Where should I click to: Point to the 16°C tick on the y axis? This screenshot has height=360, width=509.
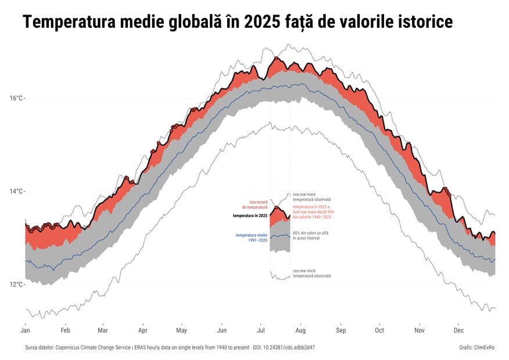[x=17, y=98]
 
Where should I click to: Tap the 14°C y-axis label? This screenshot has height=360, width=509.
[x=17, y=191]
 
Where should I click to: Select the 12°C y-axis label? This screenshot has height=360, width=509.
[x=17, y=285]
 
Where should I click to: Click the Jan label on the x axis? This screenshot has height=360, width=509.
[x=25, y=330]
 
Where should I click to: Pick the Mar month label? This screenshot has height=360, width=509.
[x=103, y=330]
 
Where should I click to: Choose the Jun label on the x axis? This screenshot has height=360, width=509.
[x=221, y=330]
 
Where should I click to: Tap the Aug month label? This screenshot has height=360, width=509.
[x=300, y=330]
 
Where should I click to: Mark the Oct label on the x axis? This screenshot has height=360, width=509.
[x=379, y=330]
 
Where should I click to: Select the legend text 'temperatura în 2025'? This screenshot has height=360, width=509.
[x=250, y=216]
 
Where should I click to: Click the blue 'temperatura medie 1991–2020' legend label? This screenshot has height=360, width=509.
[x=251, y=237]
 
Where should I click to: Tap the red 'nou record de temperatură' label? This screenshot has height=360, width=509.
[x=254, y=204]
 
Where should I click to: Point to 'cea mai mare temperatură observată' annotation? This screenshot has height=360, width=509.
[x=311, y=197]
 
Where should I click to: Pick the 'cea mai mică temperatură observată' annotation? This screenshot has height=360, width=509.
[x=311, y=273]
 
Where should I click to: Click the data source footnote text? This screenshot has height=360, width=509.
[x=170, y=347]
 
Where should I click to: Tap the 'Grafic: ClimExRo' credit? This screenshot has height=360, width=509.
[x=476, y=347]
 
